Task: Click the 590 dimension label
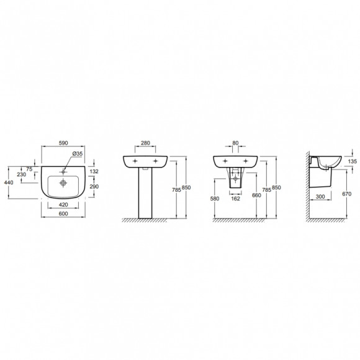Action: (x=63, y=143)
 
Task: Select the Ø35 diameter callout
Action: (x=78, y=153)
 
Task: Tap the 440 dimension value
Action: (x=9, y=182)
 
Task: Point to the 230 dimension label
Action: (x=21, y=174)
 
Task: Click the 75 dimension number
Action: (x=29, y=169)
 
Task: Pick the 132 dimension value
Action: (x=94, y=171)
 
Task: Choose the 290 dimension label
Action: (x=94, y=186)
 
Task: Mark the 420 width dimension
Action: (x=63, y=205)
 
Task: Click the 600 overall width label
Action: (x=63, y=214)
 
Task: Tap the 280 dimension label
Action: (x=145, y=143)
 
